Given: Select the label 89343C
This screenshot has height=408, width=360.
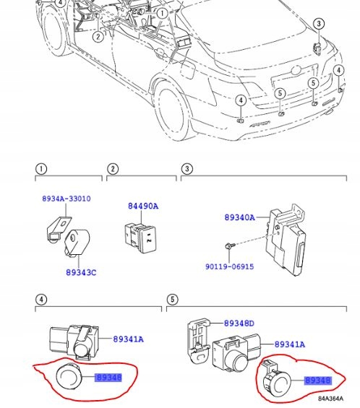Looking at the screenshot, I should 80,274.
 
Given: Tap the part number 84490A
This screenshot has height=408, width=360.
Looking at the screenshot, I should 143,207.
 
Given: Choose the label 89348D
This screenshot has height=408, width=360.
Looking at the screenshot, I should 239,324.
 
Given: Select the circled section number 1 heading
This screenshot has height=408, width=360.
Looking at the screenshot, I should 41,169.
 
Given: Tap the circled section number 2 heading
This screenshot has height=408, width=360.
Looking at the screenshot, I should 113,169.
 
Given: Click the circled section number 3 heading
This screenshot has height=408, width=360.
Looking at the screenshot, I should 186,169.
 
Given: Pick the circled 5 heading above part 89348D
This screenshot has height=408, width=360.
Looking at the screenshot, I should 172,298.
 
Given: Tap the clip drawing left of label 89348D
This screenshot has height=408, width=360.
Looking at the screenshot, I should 197,335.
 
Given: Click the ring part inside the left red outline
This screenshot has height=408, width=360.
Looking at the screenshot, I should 69,376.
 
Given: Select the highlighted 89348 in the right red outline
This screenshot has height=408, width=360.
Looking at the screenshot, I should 317,380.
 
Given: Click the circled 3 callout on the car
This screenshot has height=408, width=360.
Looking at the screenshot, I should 318,24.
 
